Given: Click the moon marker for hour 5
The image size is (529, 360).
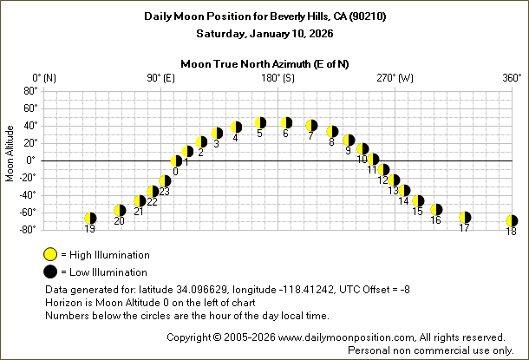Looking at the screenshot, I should (260, 123).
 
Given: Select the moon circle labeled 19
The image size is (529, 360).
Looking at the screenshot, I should (90, 219).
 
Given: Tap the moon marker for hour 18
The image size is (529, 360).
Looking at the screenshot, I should (512, 221).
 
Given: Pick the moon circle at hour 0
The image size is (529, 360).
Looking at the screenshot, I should (177, 160).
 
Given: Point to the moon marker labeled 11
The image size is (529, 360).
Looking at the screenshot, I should (374, 160).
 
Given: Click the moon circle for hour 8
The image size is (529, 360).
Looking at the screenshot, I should (332, 132).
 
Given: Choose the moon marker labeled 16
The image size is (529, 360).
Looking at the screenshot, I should (436, 210).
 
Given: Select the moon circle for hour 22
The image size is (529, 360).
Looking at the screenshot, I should (153, 192).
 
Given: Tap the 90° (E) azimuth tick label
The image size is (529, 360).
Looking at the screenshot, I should (160, 78).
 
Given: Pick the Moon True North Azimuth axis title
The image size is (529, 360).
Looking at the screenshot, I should (264, 63).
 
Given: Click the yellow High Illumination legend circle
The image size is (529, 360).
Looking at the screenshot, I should (50, 255).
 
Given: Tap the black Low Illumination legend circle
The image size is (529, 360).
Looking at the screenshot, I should (50, 272).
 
